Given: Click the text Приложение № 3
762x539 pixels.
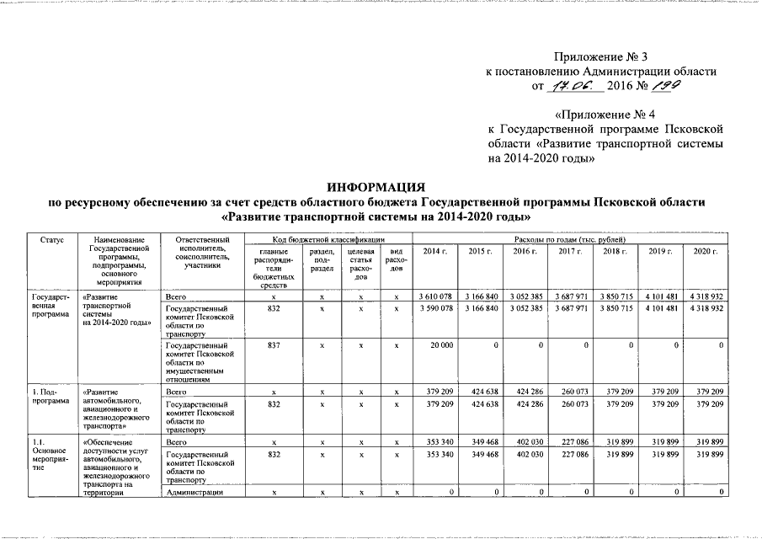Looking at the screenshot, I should [601, 56].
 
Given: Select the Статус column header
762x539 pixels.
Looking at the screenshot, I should [51, 241].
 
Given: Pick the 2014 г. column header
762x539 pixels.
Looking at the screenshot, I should [435, 252].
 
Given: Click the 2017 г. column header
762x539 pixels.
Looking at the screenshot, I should [570, 252].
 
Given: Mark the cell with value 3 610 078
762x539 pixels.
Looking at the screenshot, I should [435, 298].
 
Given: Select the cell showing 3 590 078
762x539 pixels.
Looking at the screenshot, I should [435, 309].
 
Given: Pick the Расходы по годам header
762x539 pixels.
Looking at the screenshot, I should [570, 241].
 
